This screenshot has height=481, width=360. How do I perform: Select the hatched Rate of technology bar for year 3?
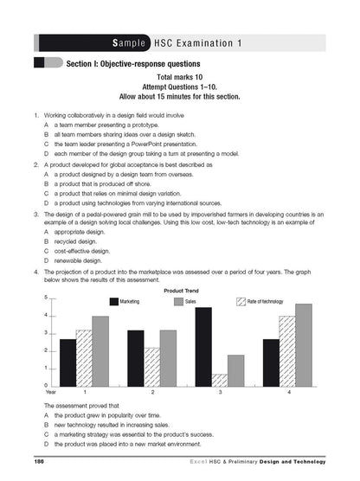pyautogui.click(x=220, y=380)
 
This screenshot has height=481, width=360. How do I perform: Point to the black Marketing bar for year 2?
pyautogui.click(x=136, y=358)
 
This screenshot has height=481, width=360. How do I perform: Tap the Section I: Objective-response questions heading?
pyautogui.click(x=132, y=63)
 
